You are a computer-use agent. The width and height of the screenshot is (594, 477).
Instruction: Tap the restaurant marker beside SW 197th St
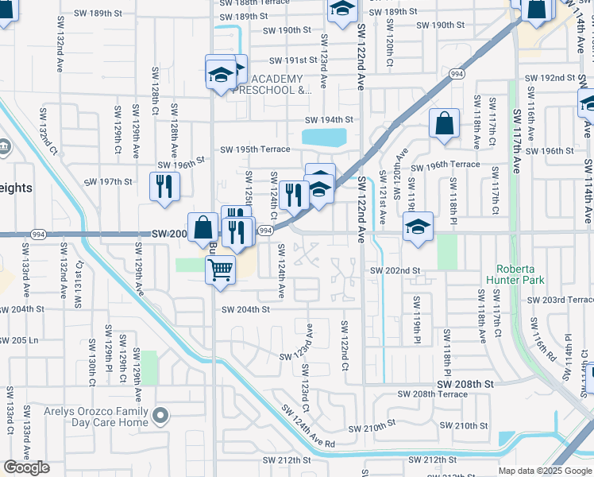click(164, 186)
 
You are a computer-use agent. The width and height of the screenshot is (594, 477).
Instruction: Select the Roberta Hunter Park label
click(523, 273)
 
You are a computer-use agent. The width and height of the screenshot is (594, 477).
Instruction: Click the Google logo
click(26, 467)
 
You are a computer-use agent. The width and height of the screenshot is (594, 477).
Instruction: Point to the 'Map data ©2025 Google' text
click(545, 471)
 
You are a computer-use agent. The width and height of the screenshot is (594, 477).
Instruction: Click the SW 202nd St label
click(395, 270)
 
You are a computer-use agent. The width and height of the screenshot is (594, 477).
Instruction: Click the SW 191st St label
click(293, 60)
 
